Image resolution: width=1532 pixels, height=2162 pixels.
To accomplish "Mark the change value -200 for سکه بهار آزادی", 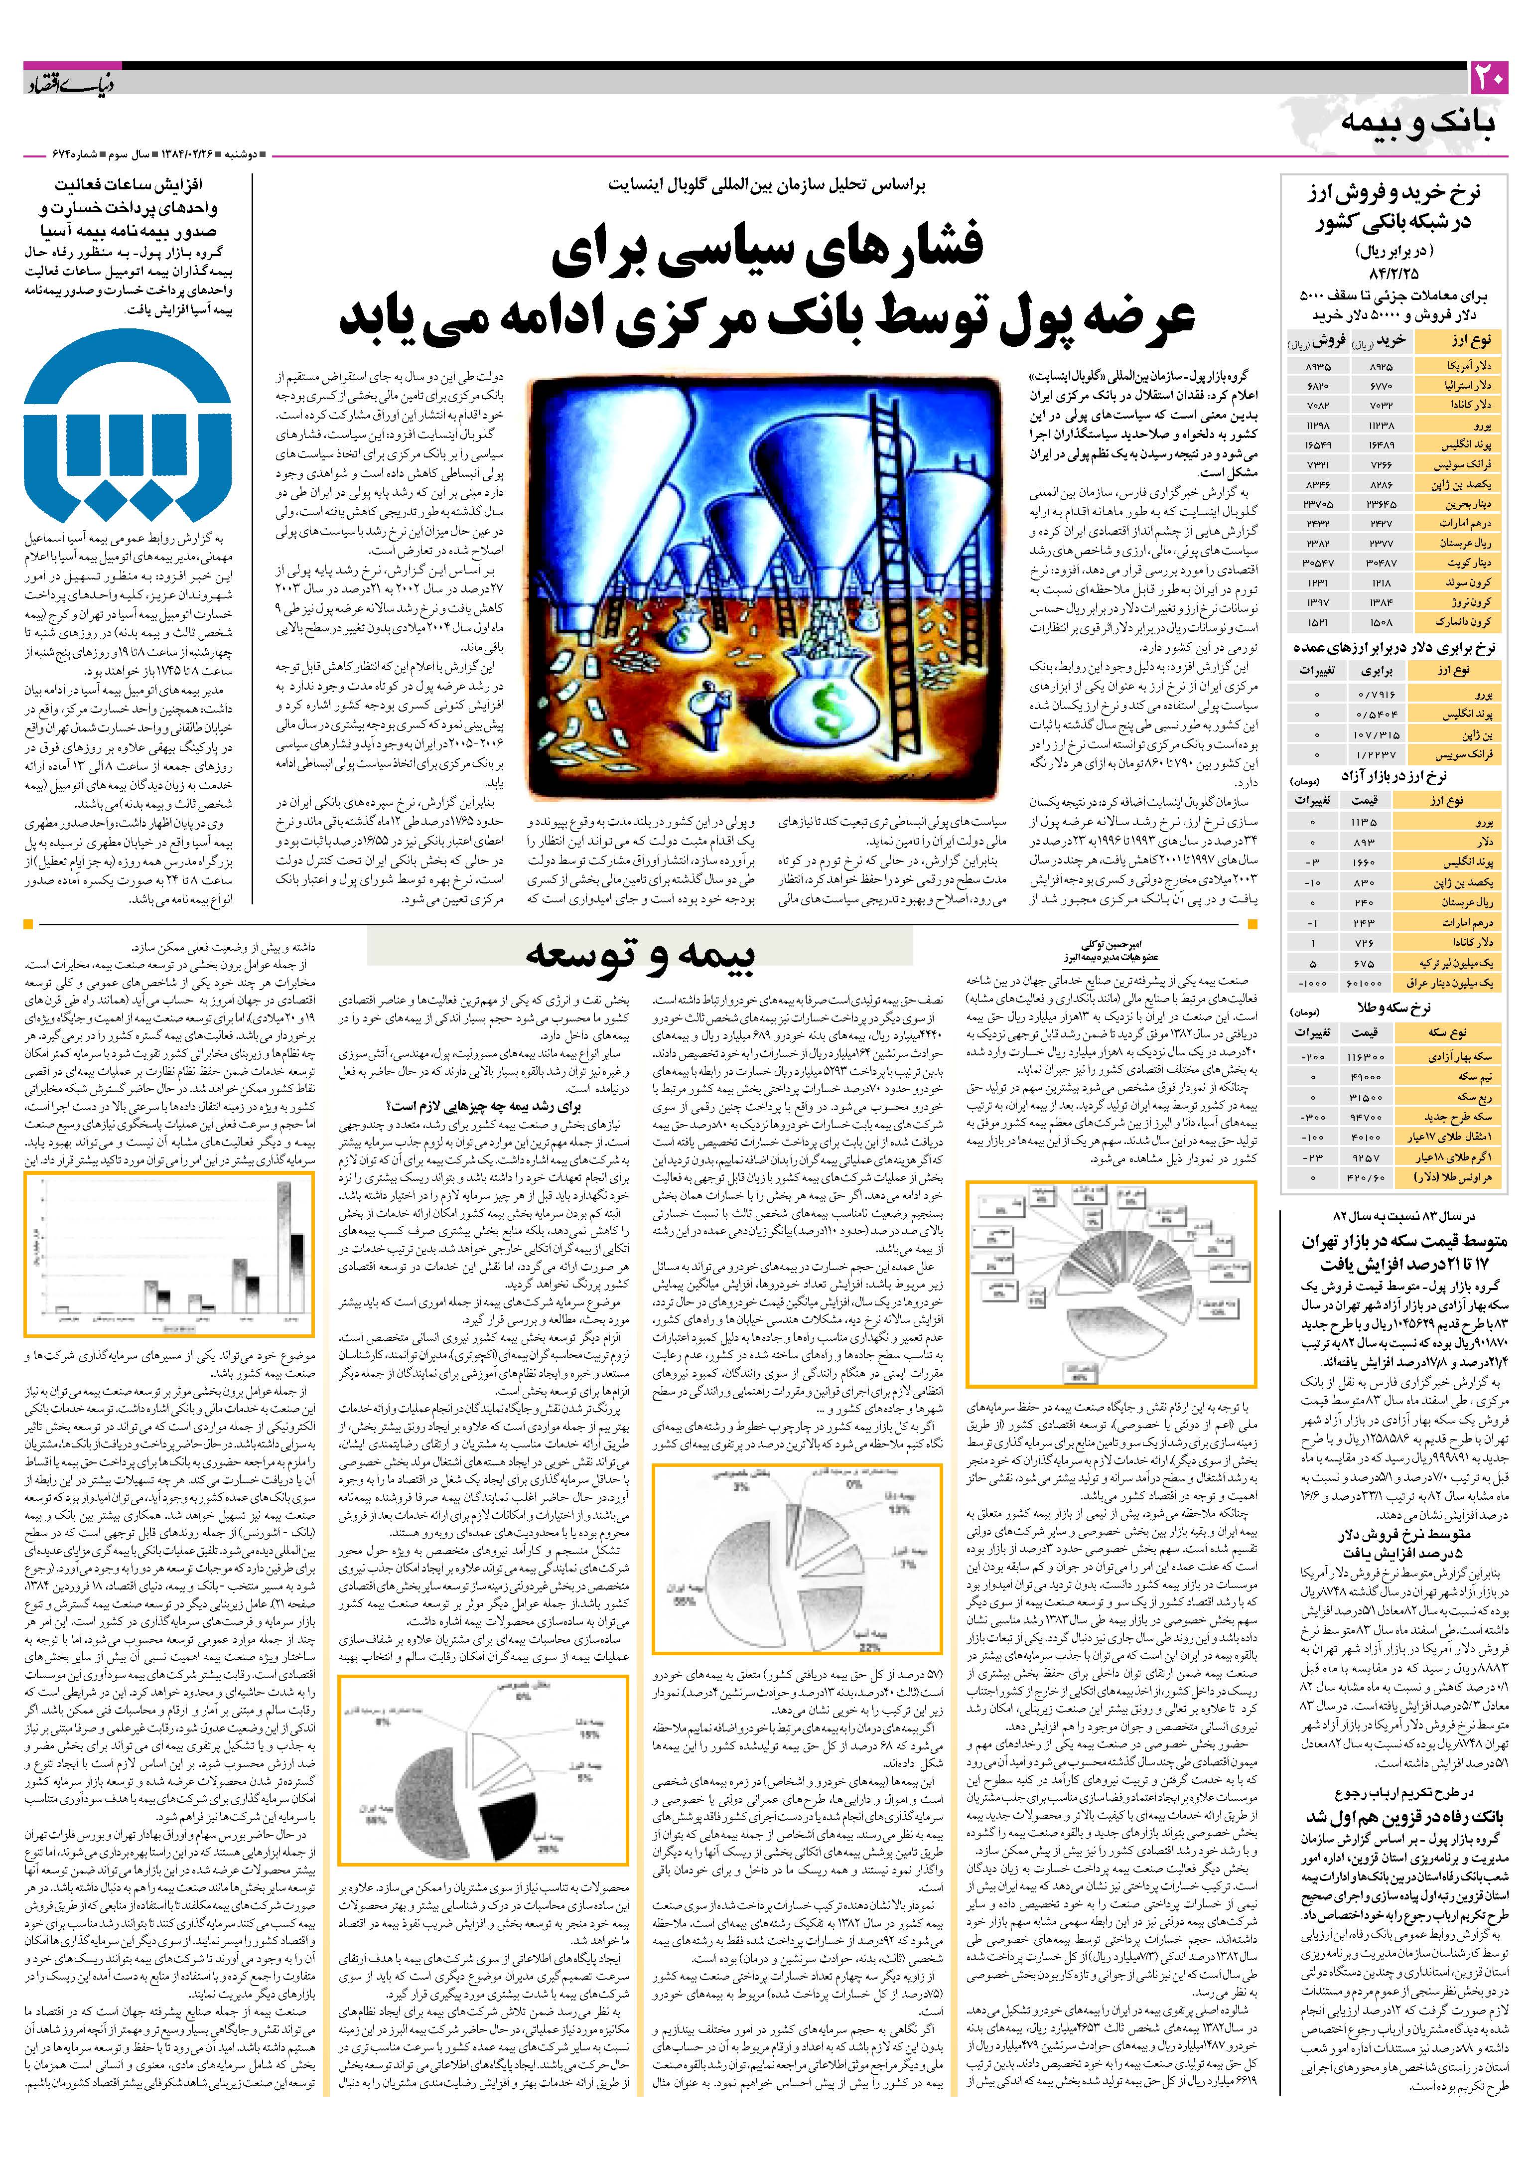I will click(1313, 1056).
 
